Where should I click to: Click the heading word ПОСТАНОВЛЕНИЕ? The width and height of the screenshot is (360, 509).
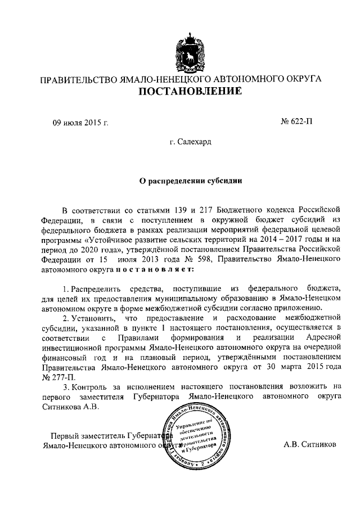coord(191,91)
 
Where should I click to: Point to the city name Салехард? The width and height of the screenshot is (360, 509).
coord(190,143)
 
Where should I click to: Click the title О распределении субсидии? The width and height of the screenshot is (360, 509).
coord(191,181)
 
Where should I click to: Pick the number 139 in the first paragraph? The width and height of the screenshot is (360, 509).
coord(169,209)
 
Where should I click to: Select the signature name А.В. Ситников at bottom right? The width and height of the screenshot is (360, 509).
coord(310,444)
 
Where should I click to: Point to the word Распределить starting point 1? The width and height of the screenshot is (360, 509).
coord(95,288)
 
